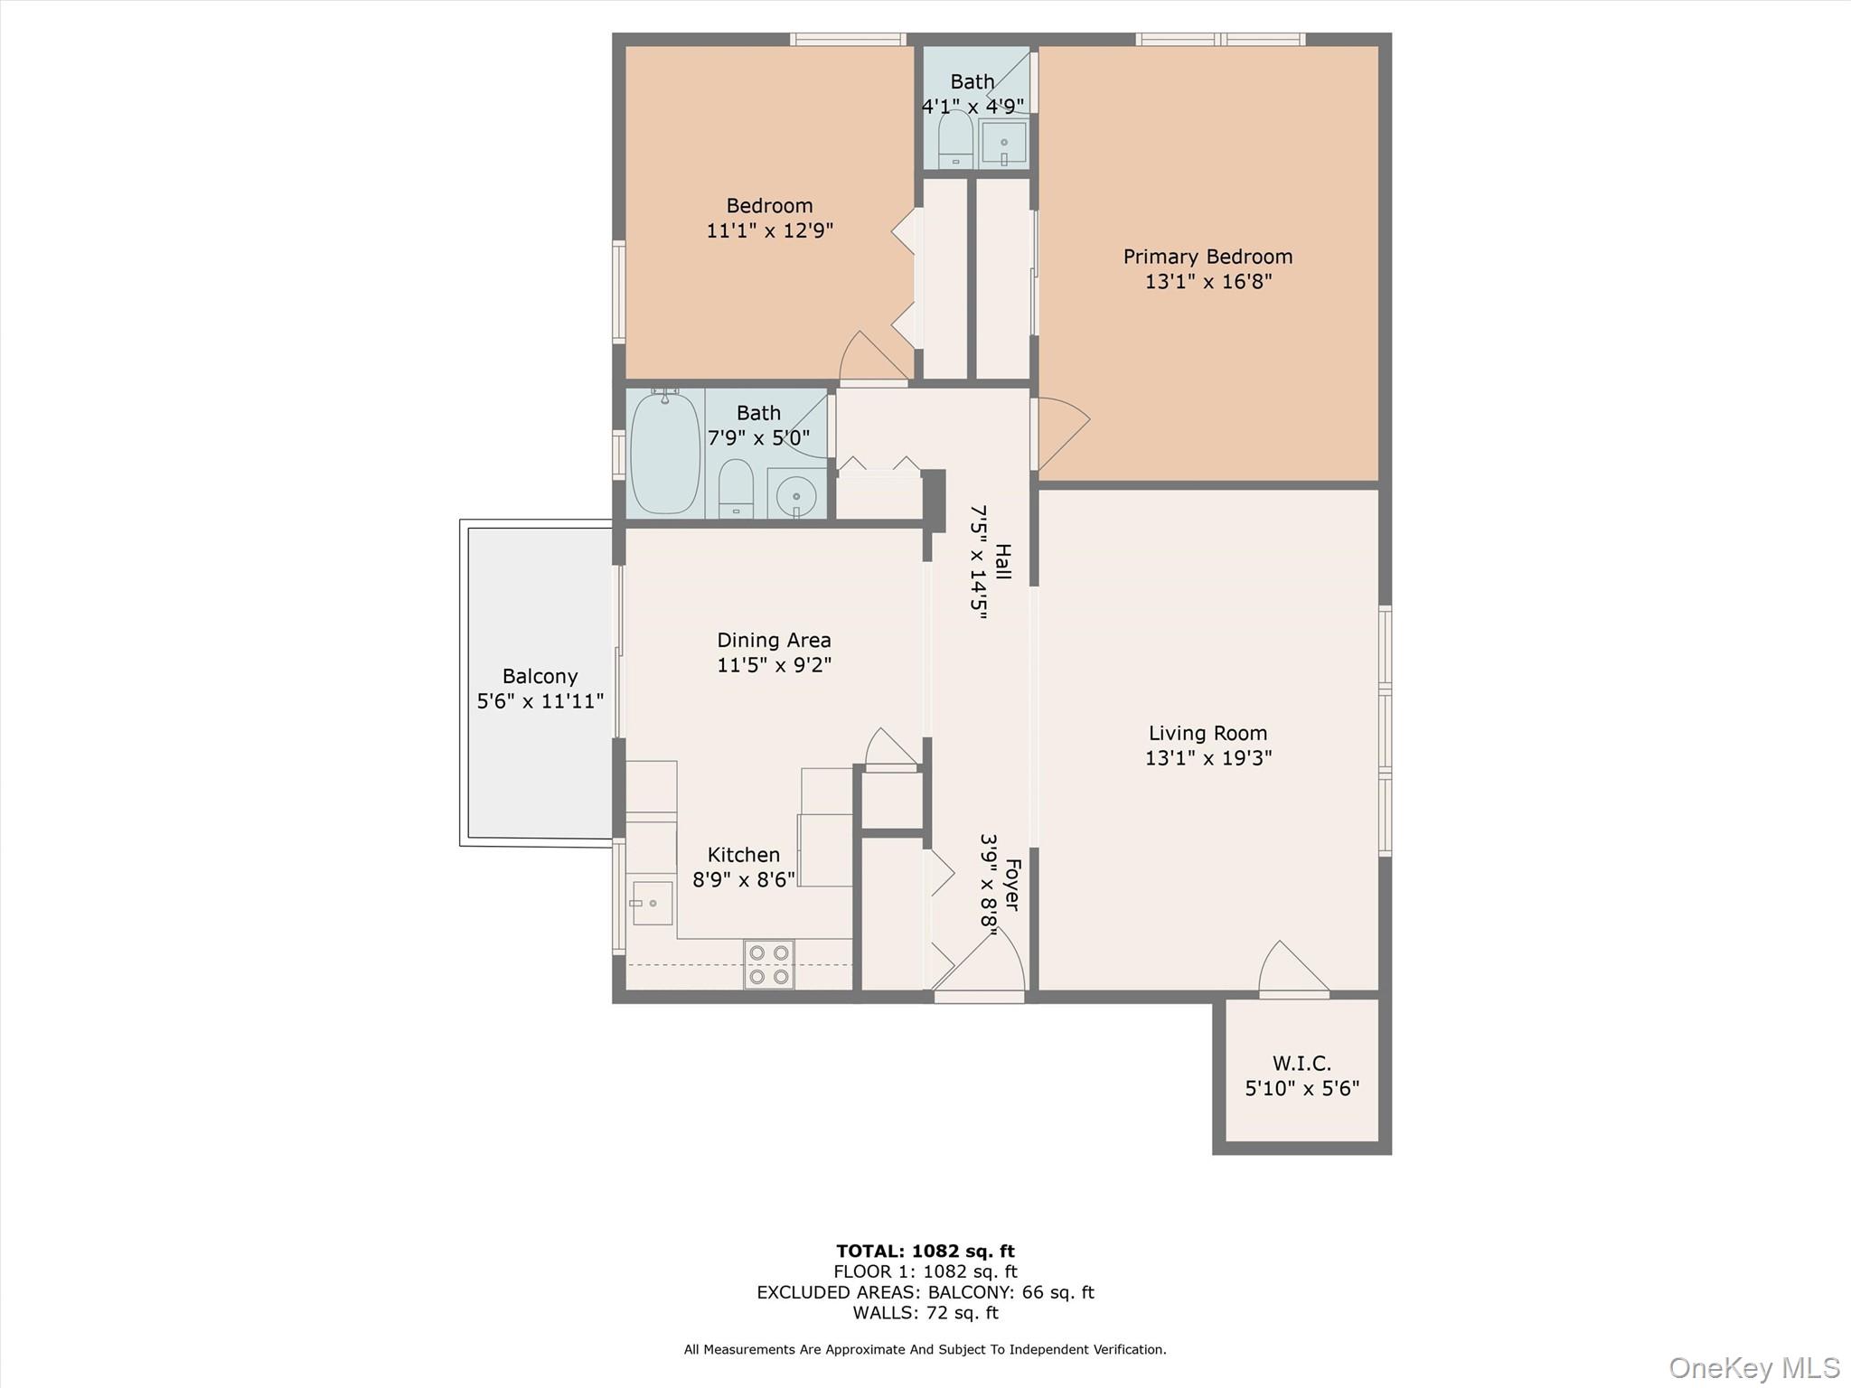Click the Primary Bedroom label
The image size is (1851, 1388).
click(1207, 257)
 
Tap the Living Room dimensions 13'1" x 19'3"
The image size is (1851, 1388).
click(1207, 758)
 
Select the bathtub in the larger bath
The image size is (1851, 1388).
click(665, 453)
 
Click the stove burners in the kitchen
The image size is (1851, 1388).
click(769, 964)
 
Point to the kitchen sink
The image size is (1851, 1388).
click(652, 903)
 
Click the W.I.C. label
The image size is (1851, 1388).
click(1301, 1063)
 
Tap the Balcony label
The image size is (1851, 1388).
click(540, 676)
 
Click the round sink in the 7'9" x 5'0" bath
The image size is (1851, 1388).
click(796, 495)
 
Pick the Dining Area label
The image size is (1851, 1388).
click(774, 640)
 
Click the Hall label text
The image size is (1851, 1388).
click(1002, 561)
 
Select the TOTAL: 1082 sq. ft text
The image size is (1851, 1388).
click(925, 1251)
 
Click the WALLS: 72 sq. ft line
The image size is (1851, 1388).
click(925, 1313)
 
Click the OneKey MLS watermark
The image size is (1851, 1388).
click(1753, 1367)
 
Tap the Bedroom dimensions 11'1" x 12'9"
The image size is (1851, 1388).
click(769, 230)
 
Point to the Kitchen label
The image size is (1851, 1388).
click(743, 855)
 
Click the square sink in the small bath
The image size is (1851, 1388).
click(1003, 143)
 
